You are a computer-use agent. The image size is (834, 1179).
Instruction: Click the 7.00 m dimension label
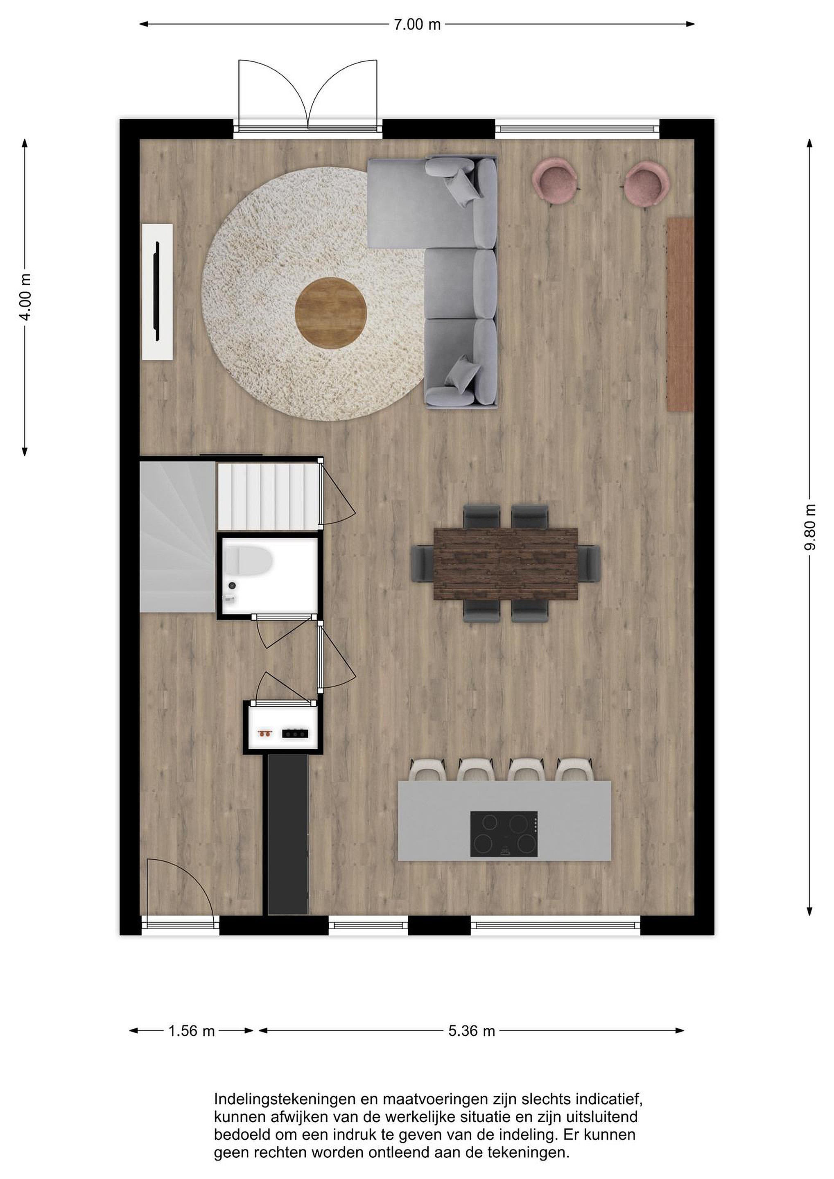(417, 24)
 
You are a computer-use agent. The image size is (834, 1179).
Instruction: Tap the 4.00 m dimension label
(26, 297)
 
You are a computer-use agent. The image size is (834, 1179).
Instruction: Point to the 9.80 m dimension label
(809, 527)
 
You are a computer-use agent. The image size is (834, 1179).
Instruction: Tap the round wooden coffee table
(331, 313)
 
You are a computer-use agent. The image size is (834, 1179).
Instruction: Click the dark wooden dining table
(506, 564)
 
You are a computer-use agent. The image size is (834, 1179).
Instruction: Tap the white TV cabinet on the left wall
(157, 291)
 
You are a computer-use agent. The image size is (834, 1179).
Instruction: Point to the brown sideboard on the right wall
(680, 314)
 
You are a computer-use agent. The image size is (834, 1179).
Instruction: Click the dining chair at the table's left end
(423, 564)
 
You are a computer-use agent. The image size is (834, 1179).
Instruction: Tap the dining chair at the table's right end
(589, 564)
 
